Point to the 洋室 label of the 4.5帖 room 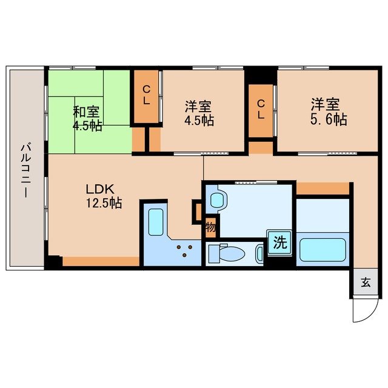tap(198, 106)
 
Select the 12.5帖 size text tap(104, 203)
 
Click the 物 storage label tap(210, 228)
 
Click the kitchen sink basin tap(155, 222)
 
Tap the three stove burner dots tap(184, 250)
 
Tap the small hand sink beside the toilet tap(259, 253)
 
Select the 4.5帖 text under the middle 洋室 tap(200, 119)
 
